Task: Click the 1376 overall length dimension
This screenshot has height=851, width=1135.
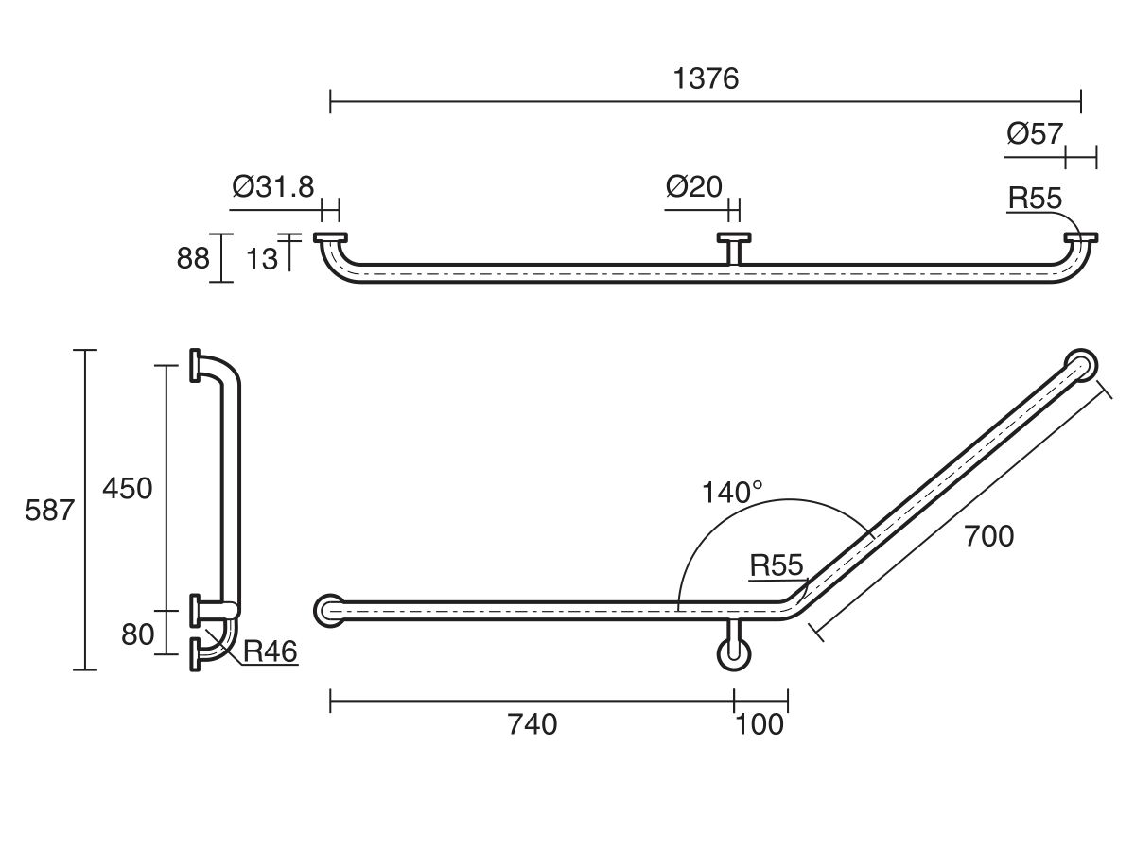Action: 706,78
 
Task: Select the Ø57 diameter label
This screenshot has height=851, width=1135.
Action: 1035,133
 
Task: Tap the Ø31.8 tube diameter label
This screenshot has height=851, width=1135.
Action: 272,186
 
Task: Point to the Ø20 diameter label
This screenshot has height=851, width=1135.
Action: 693,186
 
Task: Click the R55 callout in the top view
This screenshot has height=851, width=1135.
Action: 1035,198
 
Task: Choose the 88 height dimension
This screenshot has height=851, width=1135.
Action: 193,257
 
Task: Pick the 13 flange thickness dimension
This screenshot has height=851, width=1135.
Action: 263,258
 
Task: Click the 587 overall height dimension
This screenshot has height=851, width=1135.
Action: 49,511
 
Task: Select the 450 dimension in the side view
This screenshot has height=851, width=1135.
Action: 127,488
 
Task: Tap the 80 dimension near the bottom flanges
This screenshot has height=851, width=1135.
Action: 137,634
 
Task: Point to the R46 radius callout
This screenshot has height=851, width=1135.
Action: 270,651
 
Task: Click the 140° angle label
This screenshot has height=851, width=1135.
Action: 731,492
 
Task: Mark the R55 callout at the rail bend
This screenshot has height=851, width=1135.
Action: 776,565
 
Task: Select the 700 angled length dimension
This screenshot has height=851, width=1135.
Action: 988,536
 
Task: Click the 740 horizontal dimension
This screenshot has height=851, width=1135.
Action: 533,723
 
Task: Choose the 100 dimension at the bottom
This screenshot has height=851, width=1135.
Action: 760,723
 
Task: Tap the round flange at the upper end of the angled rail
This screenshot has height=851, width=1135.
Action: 1081,367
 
